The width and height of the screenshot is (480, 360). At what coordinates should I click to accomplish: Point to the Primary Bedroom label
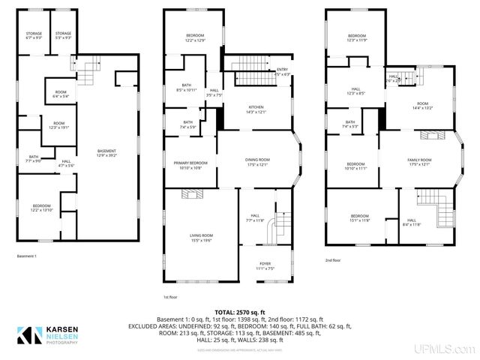tap(190, 165)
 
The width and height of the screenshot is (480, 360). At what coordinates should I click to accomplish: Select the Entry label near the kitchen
tap(281, 72)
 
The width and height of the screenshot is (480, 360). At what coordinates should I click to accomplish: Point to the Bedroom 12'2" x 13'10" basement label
tap(42, 208)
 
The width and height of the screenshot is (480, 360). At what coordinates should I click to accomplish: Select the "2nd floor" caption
tap(334, 259)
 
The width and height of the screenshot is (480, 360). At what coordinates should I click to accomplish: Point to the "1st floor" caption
tap(170, 297)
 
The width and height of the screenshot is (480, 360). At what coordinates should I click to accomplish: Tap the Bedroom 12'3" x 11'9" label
tap(356, 38)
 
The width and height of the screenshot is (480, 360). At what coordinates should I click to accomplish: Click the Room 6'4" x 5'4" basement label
tap(61, 94)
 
